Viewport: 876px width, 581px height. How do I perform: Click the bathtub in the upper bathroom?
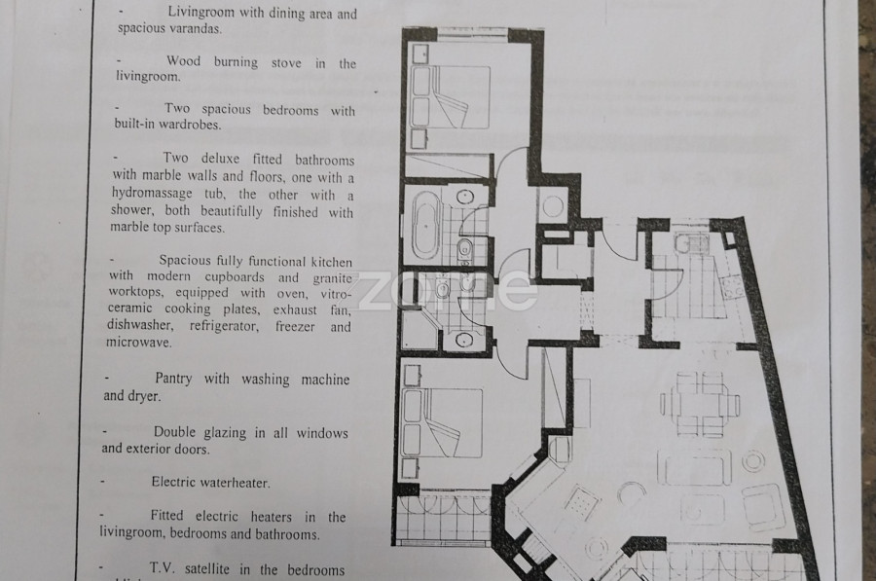pyautogui.click(x=426, y=226)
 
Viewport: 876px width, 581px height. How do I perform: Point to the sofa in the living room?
pyautogui.click(x=694, y=466)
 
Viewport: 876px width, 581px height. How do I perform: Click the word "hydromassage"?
pyautogui.click(x=152, y=194)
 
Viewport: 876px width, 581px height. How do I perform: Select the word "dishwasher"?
pyautogui.click(x=140, y=325)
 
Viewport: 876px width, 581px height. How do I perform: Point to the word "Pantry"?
pyautogui.click(x=173, y=379)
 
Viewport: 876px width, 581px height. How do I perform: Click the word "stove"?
pyautogui.click(x=286, y=63)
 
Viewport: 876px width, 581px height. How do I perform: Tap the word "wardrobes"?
pyautogui.click(x=190, y=125)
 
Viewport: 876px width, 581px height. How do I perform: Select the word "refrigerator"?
pyautogui.click(x=224, y=326)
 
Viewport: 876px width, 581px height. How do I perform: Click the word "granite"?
pyautogui.click(x=333, y=278)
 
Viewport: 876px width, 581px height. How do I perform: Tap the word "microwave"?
pyautogui.click(x=139, y=342)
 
